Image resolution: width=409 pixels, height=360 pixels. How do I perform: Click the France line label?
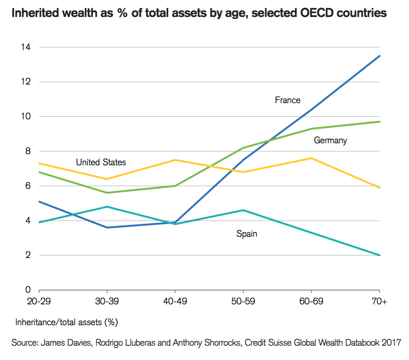click(x=288, y=100)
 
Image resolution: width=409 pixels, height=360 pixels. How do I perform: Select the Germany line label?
click(x=330, y=140)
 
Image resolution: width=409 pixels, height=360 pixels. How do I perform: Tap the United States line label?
click(x=101, y=162)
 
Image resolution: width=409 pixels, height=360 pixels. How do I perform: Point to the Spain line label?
click(x=247, y=234)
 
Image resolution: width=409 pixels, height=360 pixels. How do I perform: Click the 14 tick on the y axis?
click(x=26, y=47)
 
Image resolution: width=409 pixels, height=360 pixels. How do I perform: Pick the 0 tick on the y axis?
click(x=28, y=290)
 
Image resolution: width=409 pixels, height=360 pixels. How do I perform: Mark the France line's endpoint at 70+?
click(x=380, y=56)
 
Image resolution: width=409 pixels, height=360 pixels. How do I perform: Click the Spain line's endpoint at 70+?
click(x=380, y=255)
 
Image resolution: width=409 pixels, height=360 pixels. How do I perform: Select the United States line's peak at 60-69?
click(x=312, y=158)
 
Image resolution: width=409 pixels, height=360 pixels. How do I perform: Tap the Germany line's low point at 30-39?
click(x=107, y=193)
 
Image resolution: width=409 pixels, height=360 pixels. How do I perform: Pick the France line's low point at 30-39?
click(x=107, y=228)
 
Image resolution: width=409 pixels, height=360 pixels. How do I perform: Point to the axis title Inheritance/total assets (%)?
click(x=66, y=322)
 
